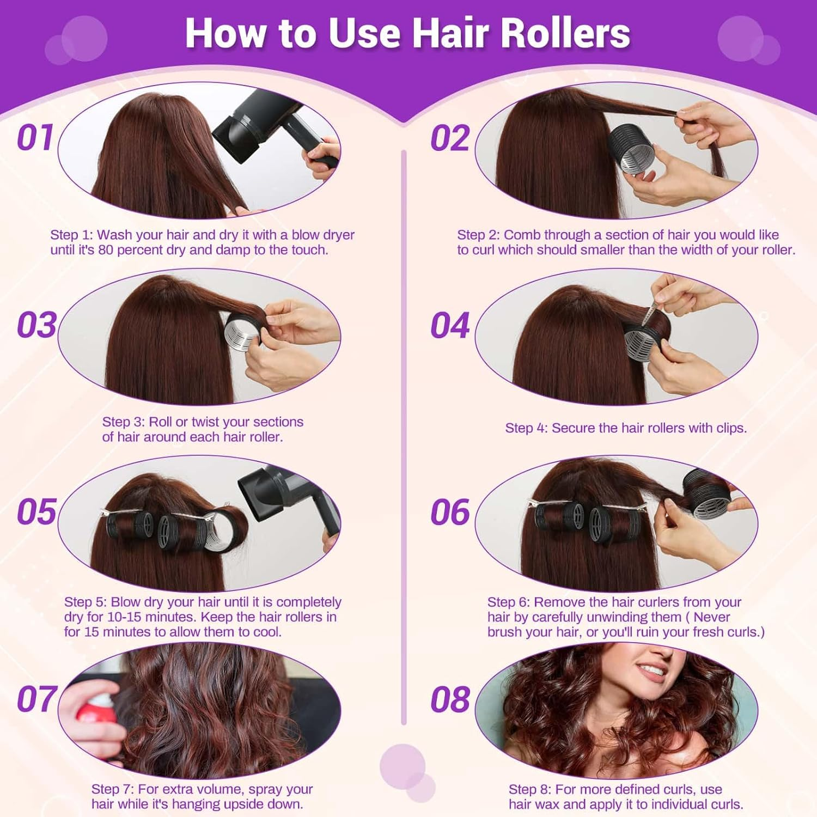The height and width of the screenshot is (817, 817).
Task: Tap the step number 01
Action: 35,138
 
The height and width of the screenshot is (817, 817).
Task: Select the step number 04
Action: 450,326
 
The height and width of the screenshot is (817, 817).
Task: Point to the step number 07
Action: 36,699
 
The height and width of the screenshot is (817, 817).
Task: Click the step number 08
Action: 450,700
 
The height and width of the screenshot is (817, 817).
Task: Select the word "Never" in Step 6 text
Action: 712,617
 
